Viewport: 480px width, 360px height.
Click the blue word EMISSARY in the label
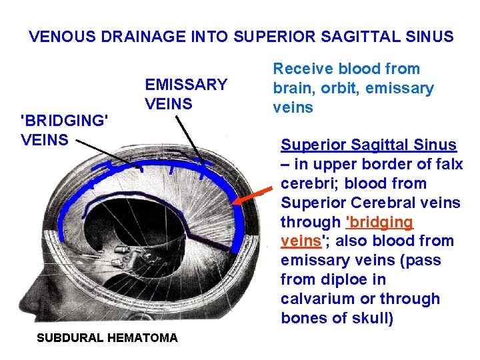click(x=186, y=85)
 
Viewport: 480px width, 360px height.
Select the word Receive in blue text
click(x=303, y=69)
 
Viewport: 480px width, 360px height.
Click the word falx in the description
click(x=449, y=164)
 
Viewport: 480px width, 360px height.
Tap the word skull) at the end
click(x=371, y=318)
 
